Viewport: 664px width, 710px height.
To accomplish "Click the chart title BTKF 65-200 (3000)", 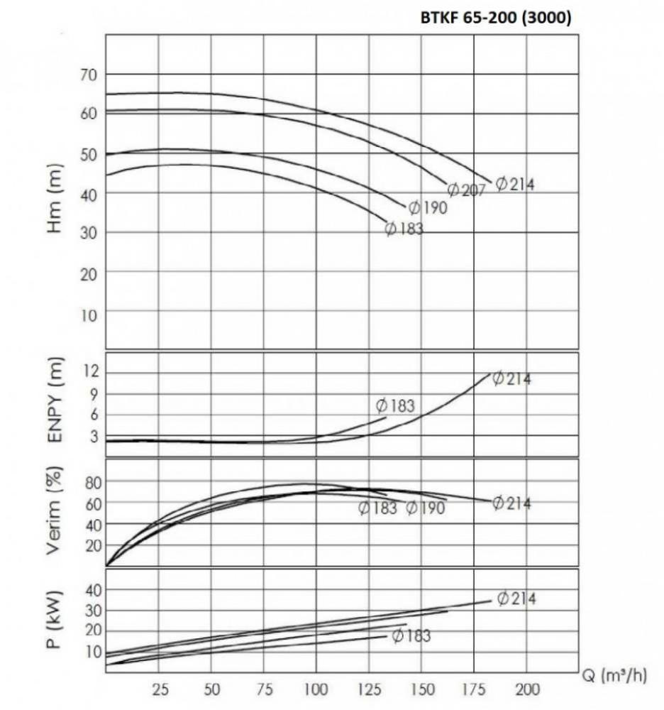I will [x=496, y=19].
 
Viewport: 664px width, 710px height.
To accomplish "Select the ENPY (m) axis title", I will [x=57, y=401].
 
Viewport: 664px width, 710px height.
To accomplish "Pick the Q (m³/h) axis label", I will [x=614, y=676].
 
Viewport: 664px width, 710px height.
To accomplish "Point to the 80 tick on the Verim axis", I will [x=95, y=482].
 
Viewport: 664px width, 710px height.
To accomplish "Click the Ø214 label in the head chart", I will [x=515, y=184].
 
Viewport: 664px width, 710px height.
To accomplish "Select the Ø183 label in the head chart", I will [x=404, y=229].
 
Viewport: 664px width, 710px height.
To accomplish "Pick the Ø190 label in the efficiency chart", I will [x=425, y=508].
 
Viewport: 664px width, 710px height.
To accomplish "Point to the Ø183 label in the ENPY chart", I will [x=395, y=406].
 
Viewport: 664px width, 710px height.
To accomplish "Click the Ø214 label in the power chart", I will [x=516, y=599].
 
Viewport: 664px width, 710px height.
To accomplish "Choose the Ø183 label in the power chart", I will [x=411, y=635].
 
